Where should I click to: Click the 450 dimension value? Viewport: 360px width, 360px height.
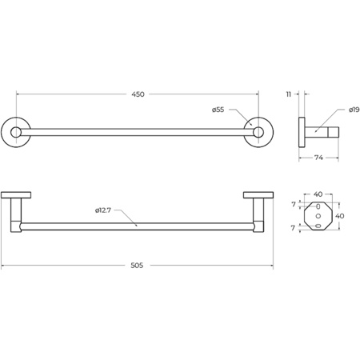pyautogui.click(x=138, y=94)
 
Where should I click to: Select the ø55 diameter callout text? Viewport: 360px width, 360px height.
pyautogui.click(x=218, y=110)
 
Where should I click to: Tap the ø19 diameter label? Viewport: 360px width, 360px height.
pyautogui.click(x=354, y=110)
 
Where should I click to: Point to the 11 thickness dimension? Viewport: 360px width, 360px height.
pyautogui.click(x=289, y=94)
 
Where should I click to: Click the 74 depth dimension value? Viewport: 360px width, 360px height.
pyautogui.click(x=318, y=158)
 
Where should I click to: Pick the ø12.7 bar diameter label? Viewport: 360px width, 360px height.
pyautogui.click(x=102, y=210)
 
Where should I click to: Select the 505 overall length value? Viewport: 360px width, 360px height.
pyautogui.click(x=137, y=266)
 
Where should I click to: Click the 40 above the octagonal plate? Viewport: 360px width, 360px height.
pyautogui.click(x=318, y=194)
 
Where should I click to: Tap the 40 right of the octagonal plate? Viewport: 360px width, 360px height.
pyautogui.click(x=339, y=216)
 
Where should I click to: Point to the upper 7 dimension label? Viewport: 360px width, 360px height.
pyautogui.click(x=294, y=205)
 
